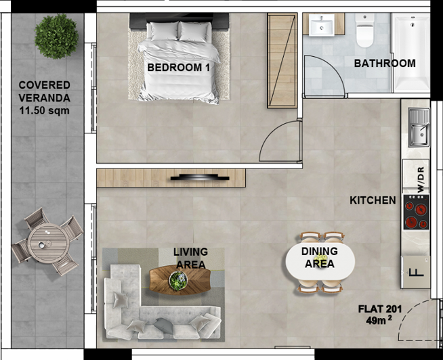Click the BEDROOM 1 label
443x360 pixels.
pyautogui.click(x=178, y=68)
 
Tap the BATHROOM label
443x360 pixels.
pyautogui.click(x=384, y=64)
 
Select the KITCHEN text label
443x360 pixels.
pyautogui.click(x=373, y=200)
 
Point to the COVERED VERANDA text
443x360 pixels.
pyautogui.click(x=45, y=91)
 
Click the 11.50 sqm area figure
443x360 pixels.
pyautogui.click(x=45, y=110)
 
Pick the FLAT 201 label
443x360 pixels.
pyautogui.click(x=380, y=309)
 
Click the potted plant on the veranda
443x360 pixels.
pyautogui.click(x=56, y=36)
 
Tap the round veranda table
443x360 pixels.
pyautogui.click(x=48, y=240)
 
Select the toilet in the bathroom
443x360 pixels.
pyautogui.click(x=365, y=30)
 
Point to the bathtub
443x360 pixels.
pyautogui.click(x=411, y=52)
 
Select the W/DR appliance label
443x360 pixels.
pyautogui.click(x=419, y=177)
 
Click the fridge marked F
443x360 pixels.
pyautogui.click(x=415, y=272)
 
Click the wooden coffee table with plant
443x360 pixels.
pyautogui.click(x=180, y=279)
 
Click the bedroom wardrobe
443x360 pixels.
pyautogui.click(x=282, y=61)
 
